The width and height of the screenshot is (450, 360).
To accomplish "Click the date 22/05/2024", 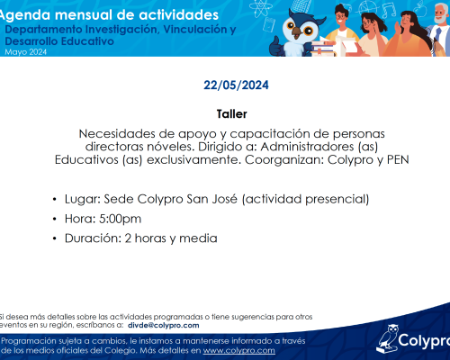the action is tap(236, 85).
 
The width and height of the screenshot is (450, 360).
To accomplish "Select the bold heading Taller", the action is tap(232, 114).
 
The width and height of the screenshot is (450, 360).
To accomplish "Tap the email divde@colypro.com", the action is tap(164, 326).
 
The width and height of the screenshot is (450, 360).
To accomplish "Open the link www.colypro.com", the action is tap(238, 350).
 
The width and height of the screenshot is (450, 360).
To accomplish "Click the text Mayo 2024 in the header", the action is tap(26, 52).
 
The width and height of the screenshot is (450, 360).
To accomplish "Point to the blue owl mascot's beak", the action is tap(297, 32).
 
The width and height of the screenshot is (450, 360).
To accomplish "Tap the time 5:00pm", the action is tap(120, 219).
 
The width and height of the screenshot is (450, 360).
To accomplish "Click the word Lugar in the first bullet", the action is tap(83, 199).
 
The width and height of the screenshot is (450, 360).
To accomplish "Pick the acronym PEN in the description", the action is tap(398, 159).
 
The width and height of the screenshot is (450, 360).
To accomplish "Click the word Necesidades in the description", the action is tap(117, 133).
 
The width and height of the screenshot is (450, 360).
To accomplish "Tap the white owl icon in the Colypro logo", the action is tap(387, 339).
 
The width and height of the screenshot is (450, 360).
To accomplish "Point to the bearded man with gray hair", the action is tap(441, 27).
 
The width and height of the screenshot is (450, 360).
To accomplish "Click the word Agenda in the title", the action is tap(24, 15).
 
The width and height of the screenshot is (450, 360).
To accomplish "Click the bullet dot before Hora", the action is tap(54, 219).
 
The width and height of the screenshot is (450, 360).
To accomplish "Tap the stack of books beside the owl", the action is tap(322, 48).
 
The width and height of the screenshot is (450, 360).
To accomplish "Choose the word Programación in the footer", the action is tap(29, 341).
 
